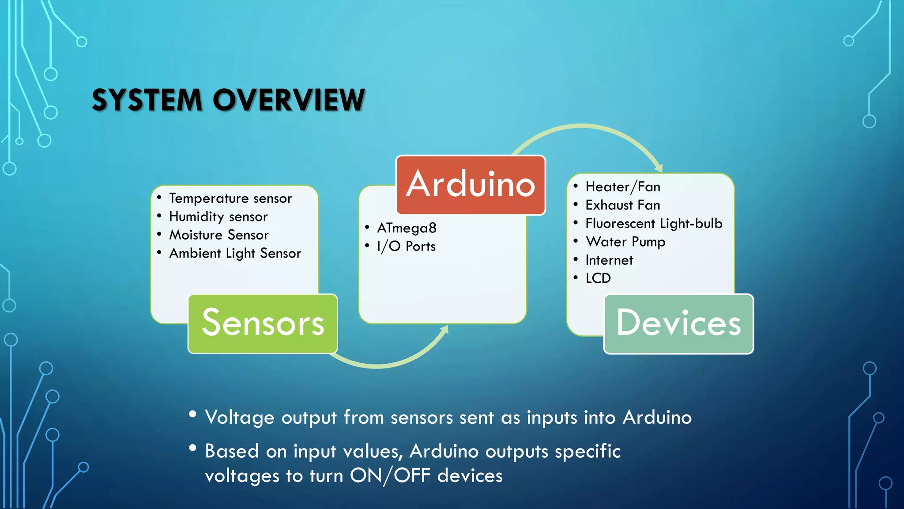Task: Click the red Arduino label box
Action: click(x=471, y=185)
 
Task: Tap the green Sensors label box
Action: click(x=263, y=323)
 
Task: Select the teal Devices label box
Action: click(x=678, y=323)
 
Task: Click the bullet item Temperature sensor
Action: click(x=230, y=198)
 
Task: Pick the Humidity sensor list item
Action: click(x=218, y=217)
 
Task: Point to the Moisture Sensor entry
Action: click(x=219, y=235)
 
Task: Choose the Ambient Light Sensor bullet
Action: click(x=235, y=253)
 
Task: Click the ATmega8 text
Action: click(x=407, y=228)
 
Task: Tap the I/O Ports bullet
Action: click(x=406, y=246)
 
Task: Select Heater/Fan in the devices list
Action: click(x=623, y=187)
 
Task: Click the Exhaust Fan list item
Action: click(x=623, y=205)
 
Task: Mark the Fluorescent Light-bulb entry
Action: click(x=654, y=224)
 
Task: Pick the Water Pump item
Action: click(x=625, y=242)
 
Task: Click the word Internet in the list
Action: click(x=609, y=260)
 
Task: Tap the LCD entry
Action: click(x=598, y=278)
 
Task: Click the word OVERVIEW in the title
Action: click(x=289, y=100)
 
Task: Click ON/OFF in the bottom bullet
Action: click(x=390, y=476)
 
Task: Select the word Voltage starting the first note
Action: click(x=240, y=417)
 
